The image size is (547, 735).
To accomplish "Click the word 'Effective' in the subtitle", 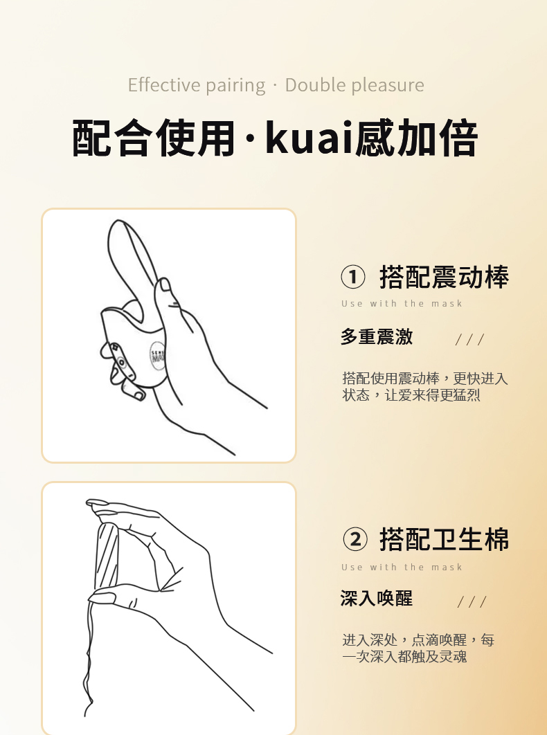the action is [x=164, y=85].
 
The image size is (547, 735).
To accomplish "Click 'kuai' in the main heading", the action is [x=309, y=138].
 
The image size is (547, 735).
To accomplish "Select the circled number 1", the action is [x=353, y=277].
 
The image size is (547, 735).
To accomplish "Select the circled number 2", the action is [x=355, y=539].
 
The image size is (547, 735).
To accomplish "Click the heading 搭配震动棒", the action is [x=444, y=277].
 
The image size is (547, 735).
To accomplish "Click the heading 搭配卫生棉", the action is [x=444, y=539].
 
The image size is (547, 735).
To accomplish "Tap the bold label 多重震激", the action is [x=377, y=336].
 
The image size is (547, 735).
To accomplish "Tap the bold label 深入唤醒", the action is [x=377, y=599].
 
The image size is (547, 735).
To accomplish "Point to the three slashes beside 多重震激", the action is [x=469, y=339].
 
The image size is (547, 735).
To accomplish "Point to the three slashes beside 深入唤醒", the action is [x=472, y=601].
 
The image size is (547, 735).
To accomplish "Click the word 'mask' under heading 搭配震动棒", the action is [x=447, y=304].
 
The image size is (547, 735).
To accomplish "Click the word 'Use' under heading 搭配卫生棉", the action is [x=352, y=568].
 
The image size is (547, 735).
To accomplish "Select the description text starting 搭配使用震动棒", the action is [x=425, y=387].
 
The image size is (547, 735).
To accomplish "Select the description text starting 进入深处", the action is [x=418, y=648].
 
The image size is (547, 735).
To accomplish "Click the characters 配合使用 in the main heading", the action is [x=153, y=138].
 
